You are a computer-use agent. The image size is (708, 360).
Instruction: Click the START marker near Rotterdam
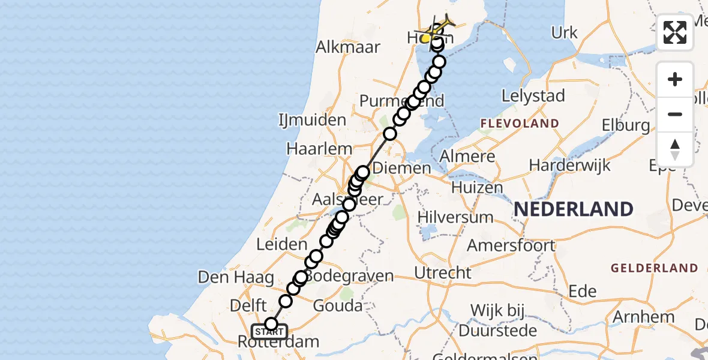(269, 332)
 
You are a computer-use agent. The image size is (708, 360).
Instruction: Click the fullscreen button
(675, 32)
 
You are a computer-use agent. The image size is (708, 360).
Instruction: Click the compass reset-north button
(675, 149)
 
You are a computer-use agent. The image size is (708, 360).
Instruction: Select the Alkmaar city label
(348, 47)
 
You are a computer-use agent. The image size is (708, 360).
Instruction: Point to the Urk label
(564, 32)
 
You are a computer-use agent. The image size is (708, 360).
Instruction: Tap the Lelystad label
(533, 96)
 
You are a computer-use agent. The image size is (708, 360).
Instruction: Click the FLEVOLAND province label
(519, 124)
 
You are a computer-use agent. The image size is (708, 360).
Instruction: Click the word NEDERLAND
(574, 209)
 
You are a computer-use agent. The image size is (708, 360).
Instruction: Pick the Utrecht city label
(443, 273)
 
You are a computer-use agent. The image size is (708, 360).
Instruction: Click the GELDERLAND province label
(654, 268)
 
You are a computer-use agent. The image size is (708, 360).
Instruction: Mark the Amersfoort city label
(511, 245)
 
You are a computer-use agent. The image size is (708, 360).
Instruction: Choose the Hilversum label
(455, 217)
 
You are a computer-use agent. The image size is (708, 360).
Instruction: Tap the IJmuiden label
(313, 120)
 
